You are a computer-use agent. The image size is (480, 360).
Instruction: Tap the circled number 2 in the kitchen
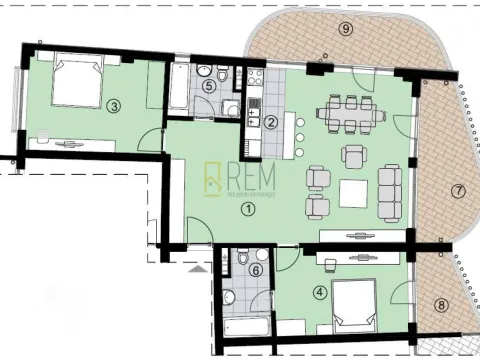coord(271,122)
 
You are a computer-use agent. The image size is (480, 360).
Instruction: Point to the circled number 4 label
coord(319,292)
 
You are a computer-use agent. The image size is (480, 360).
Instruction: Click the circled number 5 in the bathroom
coord(208,86)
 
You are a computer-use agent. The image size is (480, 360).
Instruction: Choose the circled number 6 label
coord(256,270)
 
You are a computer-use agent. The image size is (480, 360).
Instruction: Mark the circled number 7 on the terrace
coord(458,190)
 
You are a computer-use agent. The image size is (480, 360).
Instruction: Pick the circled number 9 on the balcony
coord(346,29)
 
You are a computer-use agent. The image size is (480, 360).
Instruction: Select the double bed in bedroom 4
coord(356,306)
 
